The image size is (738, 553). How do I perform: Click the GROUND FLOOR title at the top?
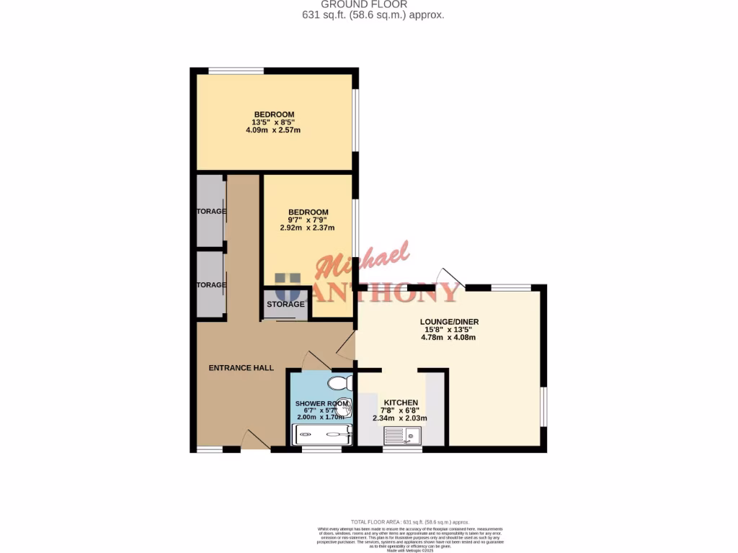click(374, 4)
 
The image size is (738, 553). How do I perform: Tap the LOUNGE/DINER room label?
click(450, 322)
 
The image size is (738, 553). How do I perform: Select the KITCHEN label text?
click(401, 403)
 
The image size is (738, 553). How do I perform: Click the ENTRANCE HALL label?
click(241, 368)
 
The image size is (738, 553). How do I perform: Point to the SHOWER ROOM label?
click(321, 403)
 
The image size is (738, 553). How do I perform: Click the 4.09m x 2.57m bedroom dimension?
click(273, 130)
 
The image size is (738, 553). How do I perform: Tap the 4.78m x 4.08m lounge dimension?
click(450, 337)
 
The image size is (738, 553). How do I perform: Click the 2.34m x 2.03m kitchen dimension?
click(399, 418)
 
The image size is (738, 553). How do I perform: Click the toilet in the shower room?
click(338, 382)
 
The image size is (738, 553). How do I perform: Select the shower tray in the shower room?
click(321, 434)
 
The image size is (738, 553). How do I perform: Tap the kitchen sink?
click(403, 435)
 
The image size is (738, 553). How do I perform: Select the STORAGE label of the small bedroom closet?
click(286, 305)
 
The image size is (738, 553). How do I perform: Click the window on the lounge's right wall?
click(544, 407)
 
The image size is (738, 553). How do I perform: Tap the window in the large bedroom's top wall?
click(236, 71)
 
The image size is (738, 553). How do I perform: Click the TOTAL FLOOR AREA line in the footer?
click(409, 521)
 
